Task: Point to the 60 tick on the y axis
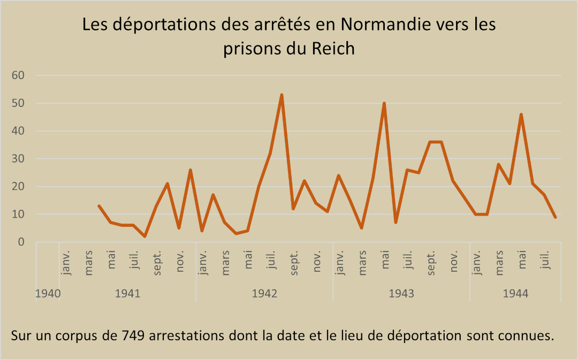coord(18,75)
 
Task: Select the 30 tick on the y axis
coord(18,159)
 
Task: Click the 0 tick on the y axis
coord(21,242)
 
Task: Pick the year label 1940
coord(47,294)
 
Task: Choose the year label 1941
coord(127,294)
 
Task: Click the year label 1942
coord(264,294)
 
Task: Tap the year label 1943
coord(401,294)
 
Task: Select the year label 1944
coord(515,294)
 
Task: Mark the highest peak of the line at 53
coord(282,95)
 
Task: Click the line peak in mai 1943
coord(384,103)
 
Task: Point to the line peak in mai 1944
coord(521,114)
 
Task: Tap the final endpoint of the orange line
coord(556,217)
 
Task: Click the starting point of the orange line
coord(99,206)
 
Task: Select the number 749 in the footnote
coord(135,336)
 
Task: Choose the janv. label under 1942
coord(203,262)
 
